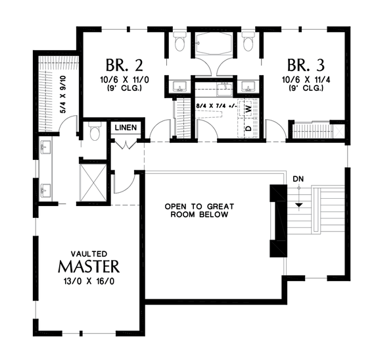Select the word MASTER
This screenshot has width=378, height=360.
pyautogui.click(x=88, y=267)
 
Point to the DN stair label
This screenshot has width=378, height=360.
pyautogui.click(x=298, y=178)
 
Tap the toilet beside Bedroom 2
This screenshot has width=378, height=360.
pyautogui.click(x=179, y=43)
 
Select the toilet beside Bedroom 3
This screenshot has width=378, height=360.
pyautogui.click(x=247, y=43)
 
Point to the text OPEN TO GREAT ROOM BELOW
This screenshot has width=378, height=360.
pyautogui.click(x=199, y=211)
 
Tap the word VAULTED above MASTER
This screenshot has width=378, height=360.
pyautogui.click(x=88, y=253)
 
